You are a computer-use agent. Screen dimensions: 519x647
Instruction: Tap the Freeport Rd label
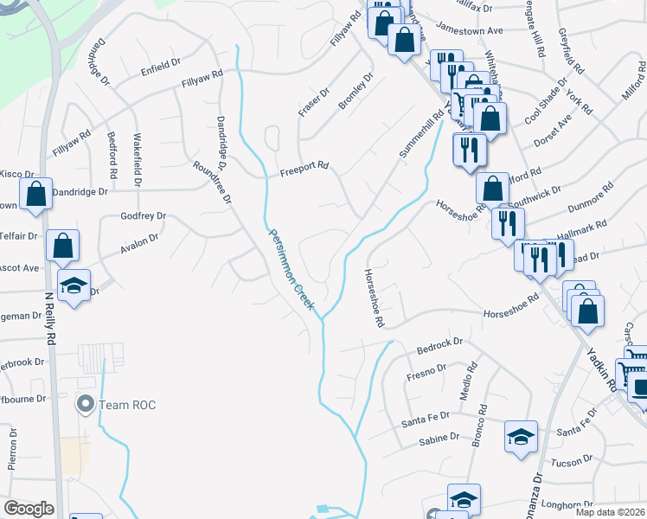(x=304, y=165)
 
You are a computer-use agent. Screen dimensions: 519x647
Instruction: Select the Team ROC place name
(x=127, y=404)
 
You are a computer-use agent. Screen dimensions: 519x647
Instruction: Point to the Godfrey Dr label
(x=144, y=216)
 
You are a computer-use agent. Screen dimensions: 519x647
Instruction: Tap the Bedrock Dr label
(x=439, y=344)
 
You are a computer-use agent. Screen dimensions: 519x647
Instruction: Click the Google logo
(x=29, y=508)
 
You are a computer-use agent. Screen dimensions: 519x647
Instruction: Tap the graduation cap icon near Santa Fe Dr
(x=521, y=435)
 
